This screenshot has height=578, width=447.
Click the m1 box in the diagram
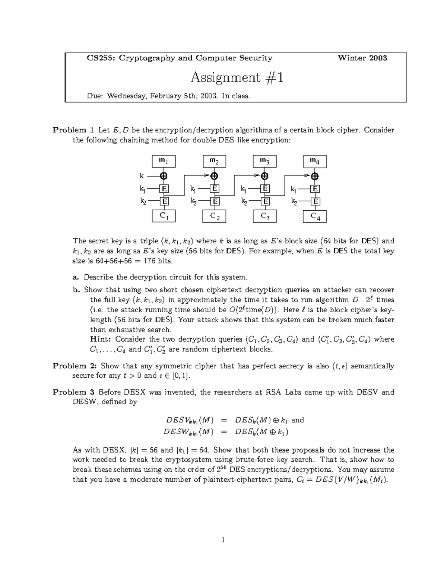(x=164, y=161)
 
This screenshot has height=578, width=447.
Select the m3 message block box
(x=264, y=161)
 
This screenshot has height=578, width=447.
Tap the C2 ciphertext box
(x=214, y=216)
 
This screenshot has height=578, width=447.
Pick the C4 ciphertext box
(x=315, y=216)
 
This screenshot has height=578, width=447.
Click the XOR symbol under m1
(x=164, y=176)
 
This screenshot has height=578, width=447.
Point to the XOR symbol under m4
(x=315, y=176)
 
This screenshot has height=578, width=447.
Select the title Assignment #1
(x=237, y=77)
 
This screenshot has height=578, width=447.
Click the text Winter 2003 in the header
(x=362, y=58)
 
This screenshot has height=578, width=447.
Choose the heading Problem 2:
(x=74, y=366)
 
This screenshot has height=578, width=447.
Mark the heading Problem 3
(x=74, y=392)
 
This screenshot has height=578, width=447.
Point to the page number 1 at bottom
(x=223, y=540)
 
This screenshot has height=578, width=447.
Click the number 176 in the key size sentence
(x=149, y=261)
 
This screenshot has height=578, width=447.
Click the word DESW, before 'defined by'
(x=85, y=402)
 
